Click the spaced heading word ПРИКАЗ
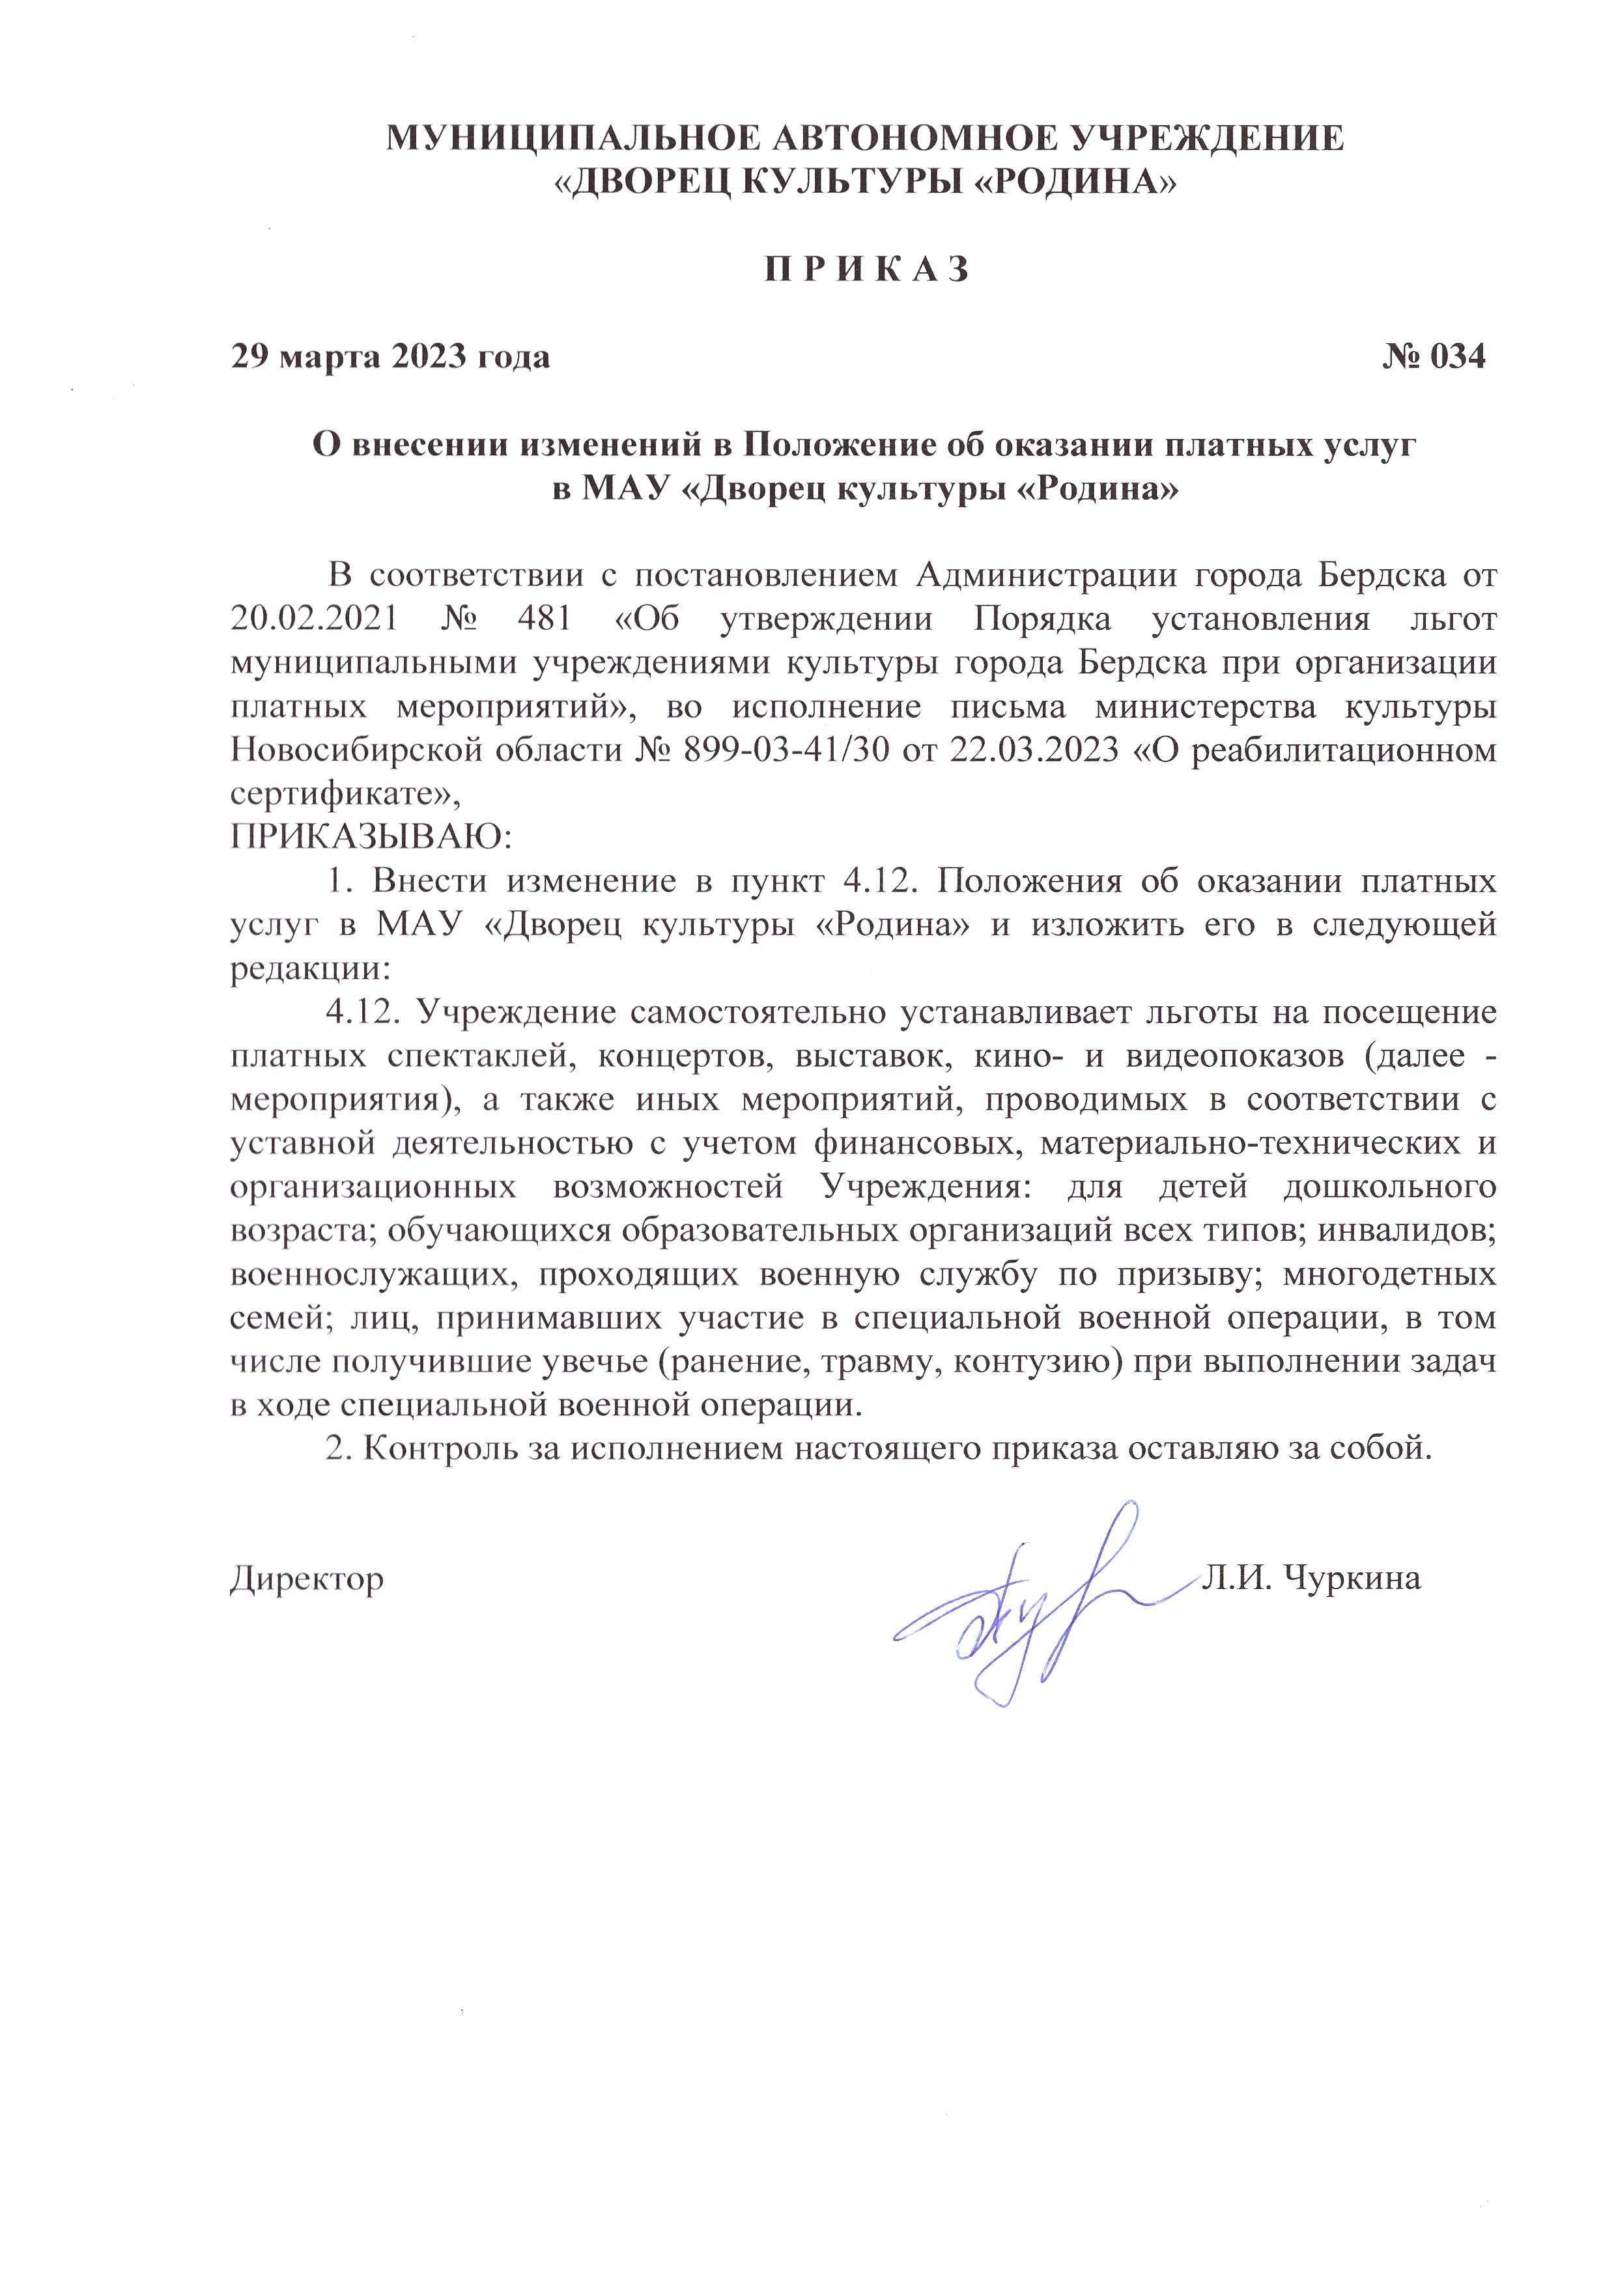point(866,270)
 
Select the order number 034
point(1457,356)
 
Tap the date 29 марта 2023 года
point(390,356)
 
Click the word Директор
point(307,1579)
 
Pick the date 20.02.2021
point(315,619)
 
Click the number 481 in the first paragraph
point(545,619)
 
